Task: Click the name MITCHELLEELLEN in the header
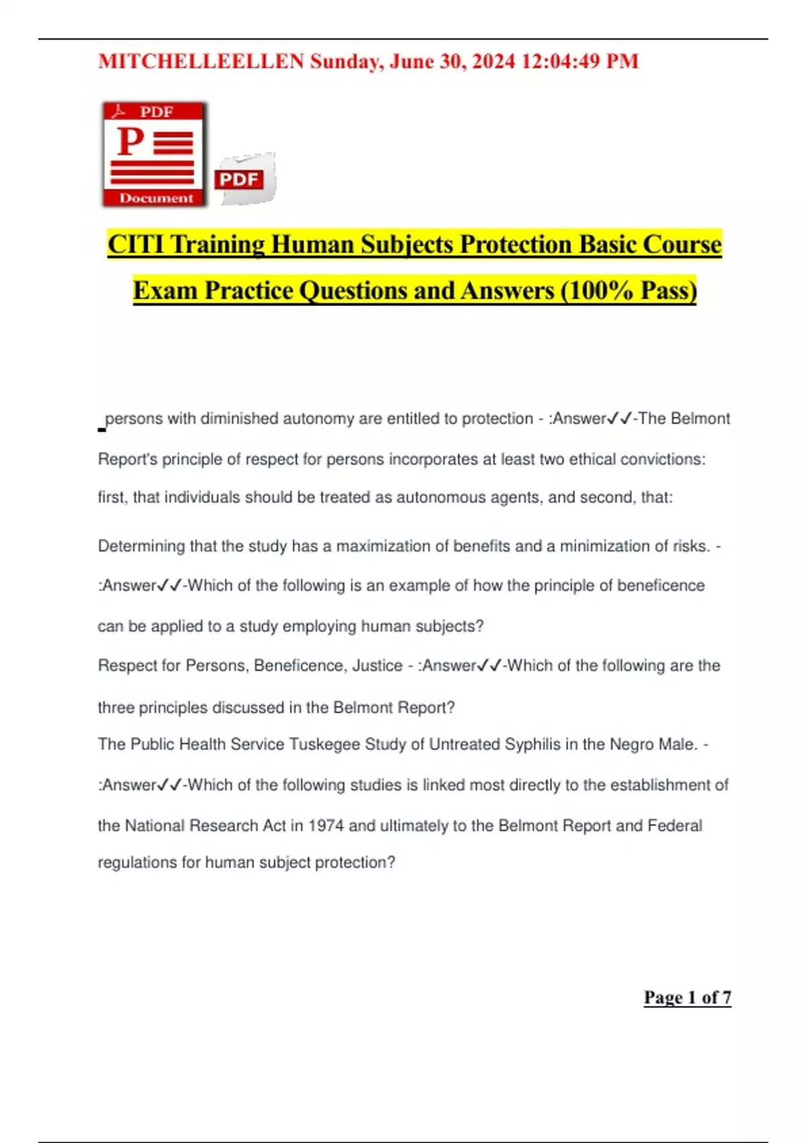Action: [201, 61]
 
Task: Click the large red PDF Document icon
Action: [155, 154]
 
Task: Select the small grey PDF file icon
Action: [245, 179]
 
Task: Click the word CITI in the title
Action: [135, 244]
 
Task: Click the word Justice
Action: [377, 666]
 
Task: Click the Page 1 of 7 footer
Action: [687, 997]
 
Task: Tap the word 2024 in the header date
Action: [494, 61]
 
